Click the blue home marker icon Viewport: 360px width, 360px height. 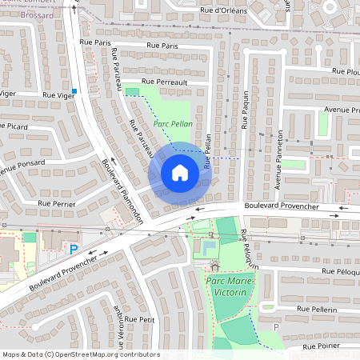pyautogui.click(x=180, y=173)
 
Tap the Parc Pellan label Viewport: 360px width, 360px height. pyautogui.click(x=172, y=125)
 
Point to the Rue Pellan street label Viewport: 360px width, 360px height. pyautogui.click(x=206, y=150)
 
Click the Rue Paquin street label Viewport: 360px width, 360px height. pyautogui.click(x=245, y=110)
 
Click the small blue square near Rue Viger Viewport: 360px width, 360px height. pyautogui.click(x=74, y=91)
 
